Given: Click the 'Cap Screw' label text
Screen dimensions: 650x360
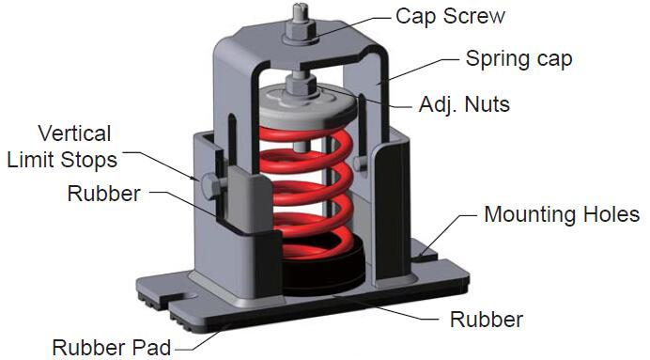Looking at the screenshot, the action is [450, 17].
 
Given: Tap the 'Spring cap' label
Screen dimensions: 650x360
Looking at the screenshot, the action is [518, 59].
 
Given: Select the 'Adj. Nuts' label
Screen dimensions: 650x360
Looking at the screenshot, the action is [464, 104].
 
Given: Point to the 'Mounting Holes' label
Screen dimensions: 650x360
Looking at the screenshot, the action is [562, 214].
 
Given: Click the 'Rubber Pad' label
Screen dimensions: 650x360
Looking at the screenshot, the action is [111, 347].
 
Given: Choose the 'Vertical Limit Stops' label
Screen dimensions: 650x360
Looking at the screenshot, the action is [62, 147].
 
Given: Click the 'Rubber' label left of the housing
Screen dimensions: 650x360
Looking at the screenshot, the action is [103, 194].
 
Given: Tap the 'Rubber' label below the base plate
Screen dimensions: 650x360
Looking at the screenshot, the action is [487, 320].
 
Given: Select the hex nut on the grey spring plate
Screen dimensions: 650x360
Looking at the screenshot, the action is [302, 86].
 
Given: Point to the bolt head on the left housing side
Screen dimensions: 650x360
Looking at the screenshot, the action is [210, 186].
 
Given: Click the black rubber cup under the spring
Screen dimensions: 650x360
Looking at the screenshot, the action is [323, 265].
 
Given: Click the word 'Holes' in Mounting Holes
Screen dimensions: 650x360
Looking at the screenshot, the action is [611, 214].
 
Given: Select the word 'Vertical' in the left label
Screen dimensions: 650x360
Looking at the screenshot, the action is [74, 133].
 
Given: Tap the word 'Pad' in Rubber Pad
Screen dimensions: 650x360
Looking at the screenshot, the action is [151, 347].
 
